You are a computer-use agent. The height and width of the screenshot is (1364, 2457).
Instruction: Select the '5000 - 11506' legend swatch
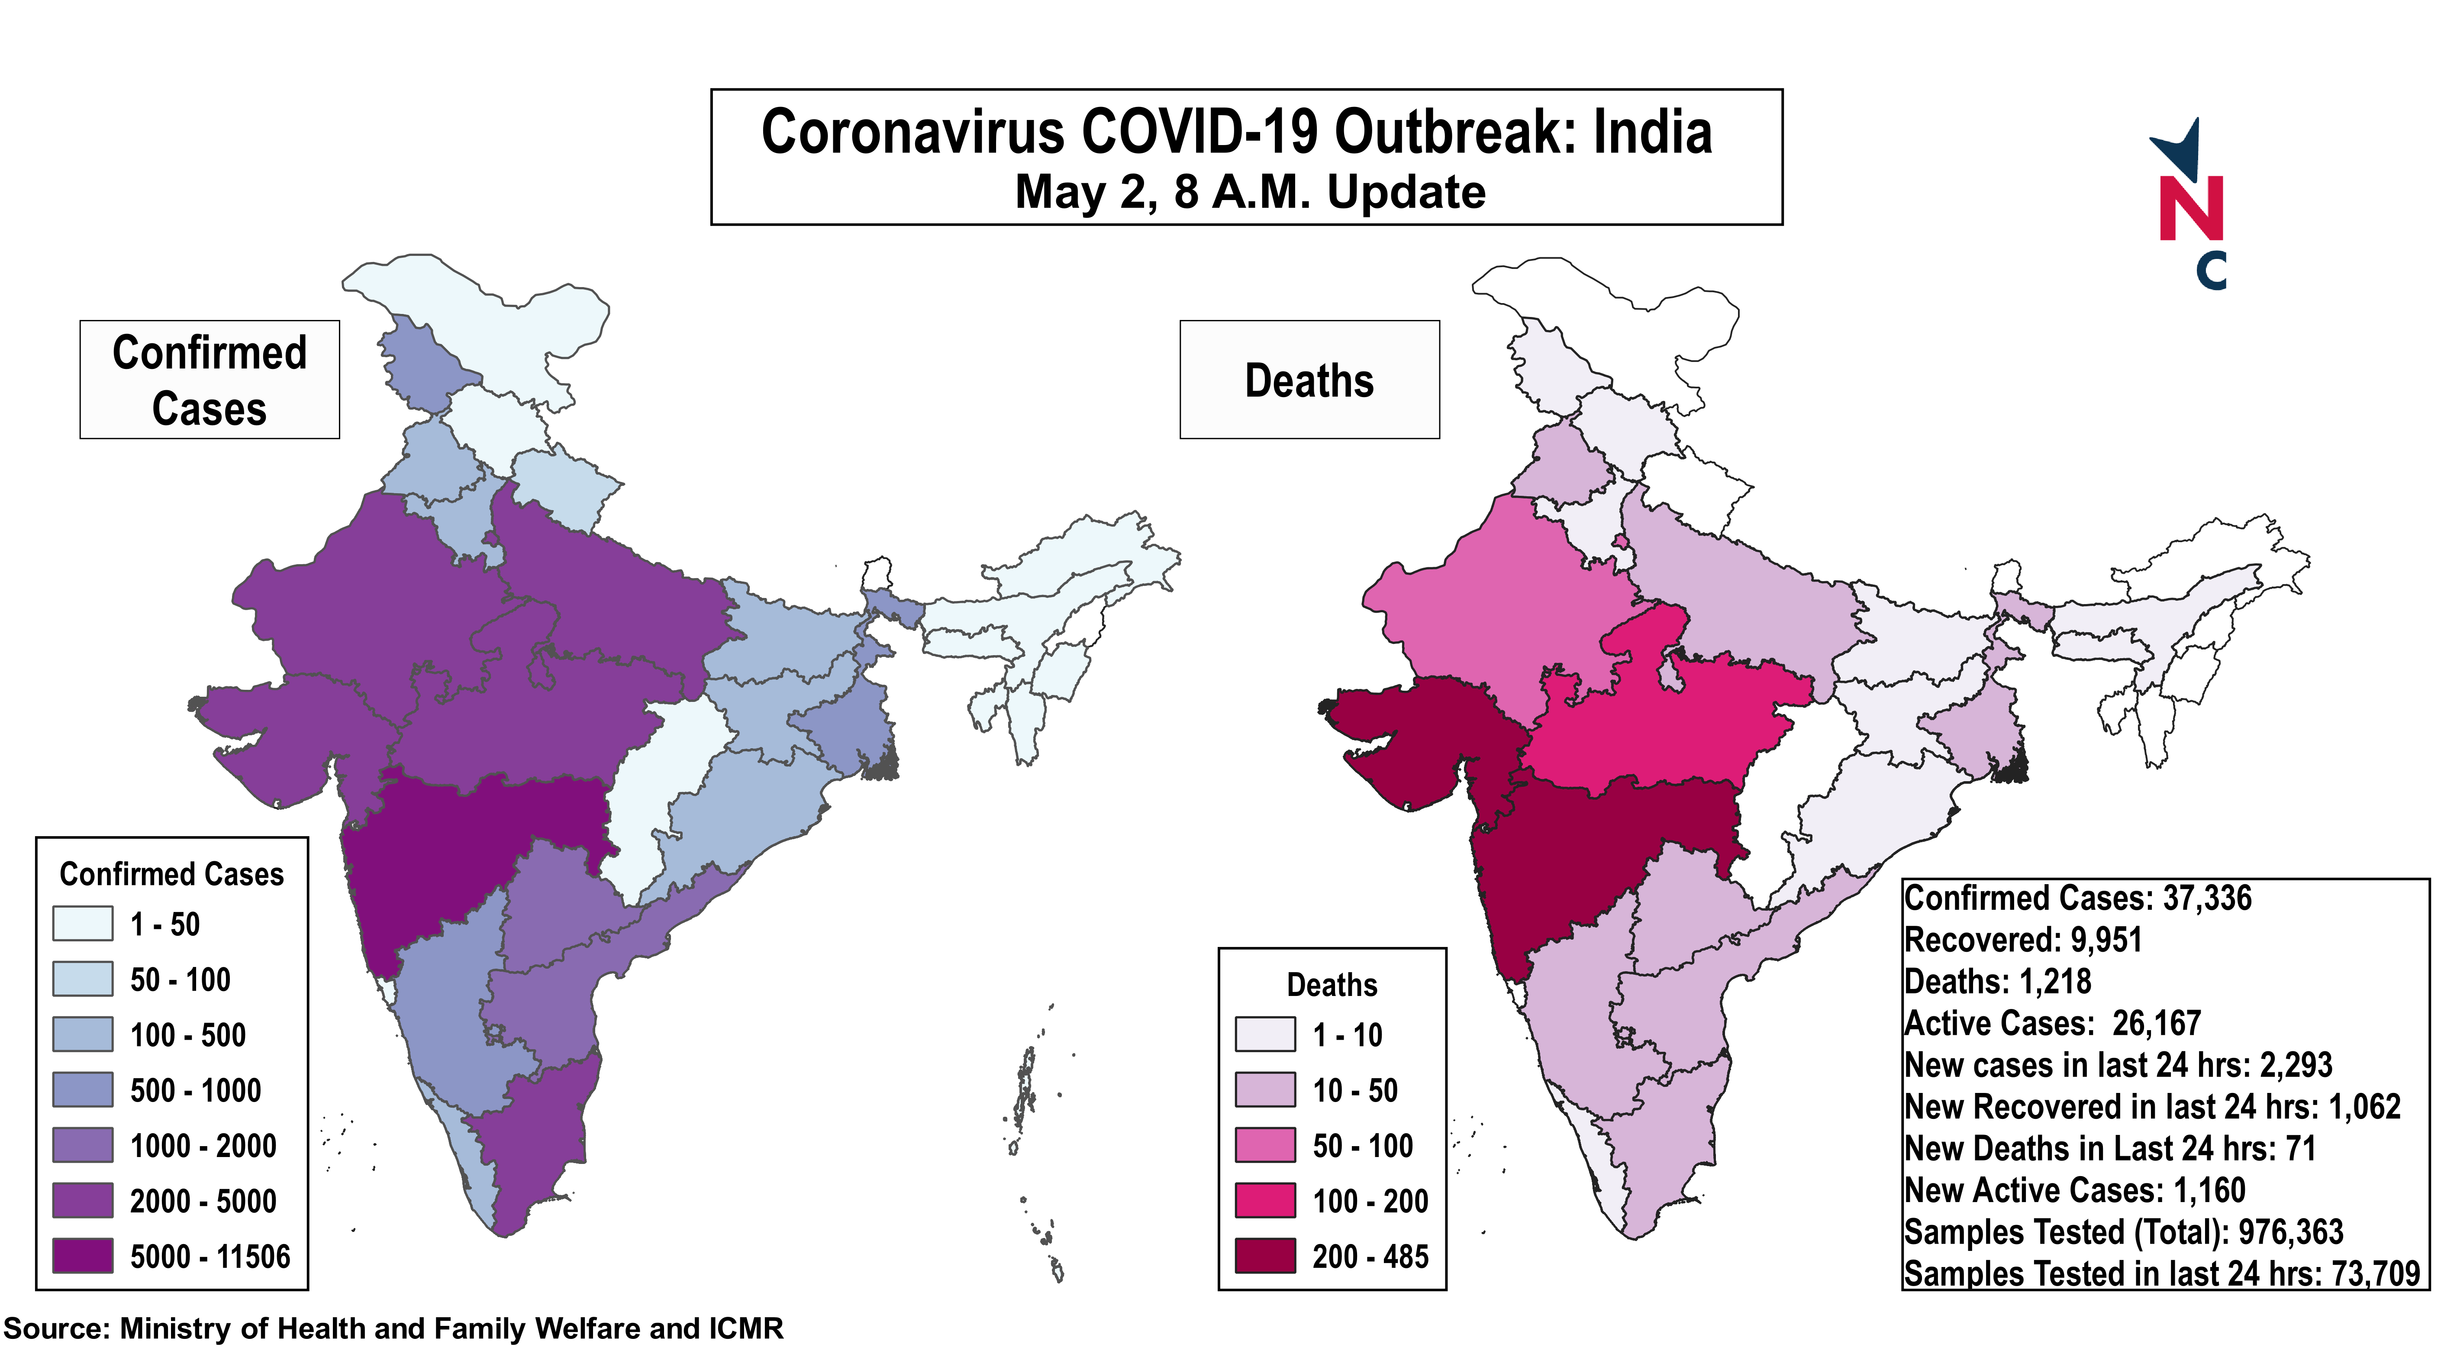point(83,1255)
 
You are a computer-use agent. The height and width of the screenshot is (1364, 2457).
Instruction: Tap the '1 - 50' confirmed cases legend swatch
point(83,923)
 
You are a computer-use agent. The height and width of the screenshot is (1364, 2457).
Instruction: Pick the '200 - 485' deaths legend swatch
point(1265,1255)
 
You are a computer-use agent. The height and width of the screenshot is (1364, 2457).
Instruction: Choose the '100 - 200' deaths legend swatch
point(1265,1200)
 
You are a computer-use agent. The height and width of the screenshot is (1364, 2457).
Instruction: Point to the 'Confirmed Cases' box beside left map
point(210,380)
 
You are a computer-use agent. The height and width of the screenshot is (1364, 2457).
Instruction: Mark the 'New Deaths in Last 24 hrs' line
point(2110,1148)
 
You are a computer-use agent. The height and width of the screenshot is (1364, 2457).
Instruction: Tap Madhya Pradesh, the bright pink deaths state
point(1660,725)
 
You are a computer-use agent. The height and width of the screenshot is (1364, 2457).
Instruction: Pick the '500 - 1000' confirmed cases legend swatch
point(83,1089)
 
